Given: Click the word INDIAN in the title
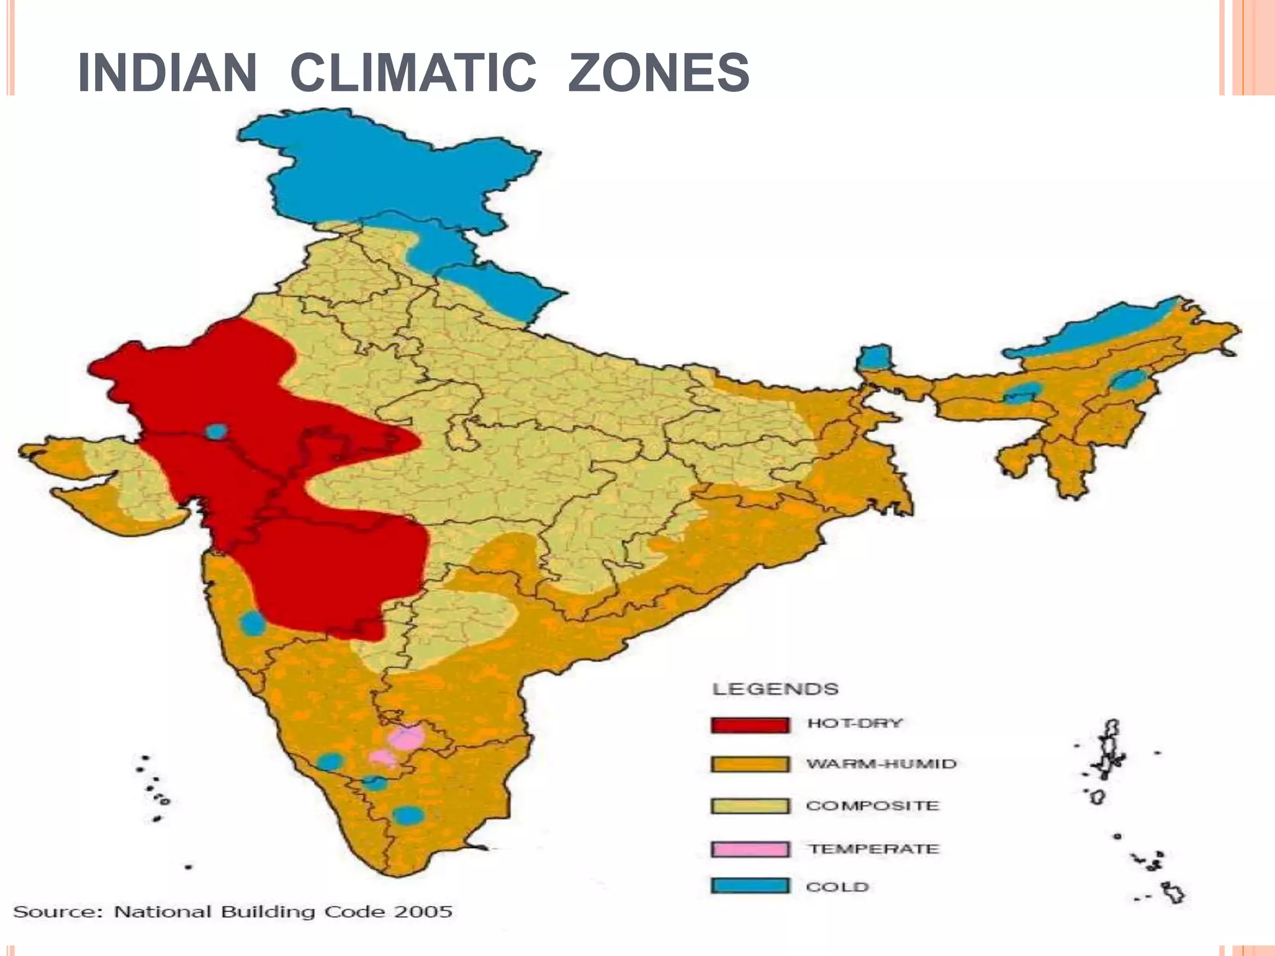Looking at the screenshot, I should coord(167,73).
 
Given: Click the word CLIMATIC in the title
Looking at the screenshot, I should coord(413,73).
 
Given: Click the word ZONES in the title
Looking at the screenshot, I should coord(659,73).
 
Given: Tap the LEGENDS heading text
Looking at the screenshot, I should coord(775,689).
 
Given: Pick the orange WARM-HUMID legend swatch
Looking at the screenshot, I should coord(750,764).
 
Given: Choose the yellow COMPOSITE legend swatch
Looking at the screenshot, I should coord(750,806).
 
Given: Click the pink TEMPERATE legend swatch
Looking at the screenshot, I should coord(750,849).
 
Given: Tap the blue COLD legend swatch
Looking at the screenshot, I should coord(750,886).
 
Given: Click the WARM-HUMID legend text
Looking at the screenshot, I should coord(881,764).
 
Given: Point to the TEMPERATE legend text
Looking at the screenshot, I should coord(873,849).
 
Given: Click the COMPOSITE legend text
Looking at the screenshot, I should coord(872,806).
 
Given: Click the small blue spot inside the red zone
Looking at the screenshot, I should coord(216,431).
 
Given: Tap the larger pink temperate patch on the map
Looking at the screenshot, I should coord(407,739).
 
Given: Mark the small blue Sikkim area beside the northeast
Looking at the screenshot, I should coord(874,358).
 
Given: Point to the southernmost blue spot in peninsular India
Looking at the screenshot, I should coord(408,815).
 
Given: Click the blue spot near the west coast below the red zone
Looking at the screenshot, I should coord(252,623).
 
